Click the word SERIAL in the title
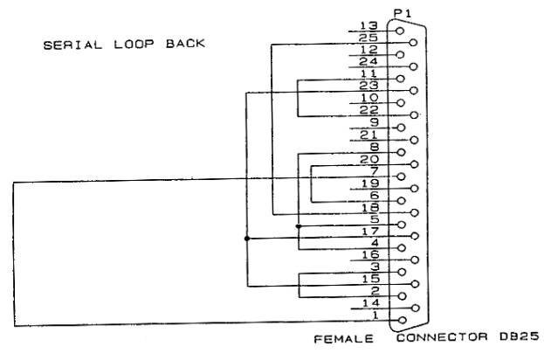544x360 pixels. pos(72,45)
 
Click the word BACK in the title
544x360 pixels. pos(185,44)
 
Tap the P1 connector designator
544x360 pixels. pos(403,13)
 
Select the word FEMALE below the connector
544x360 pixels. pos(343,338)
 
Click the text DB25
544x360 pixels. pos(520,336)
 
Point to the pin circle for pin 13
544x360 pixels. pos(400,31)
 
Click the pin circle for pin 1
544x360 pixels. pos(403,320)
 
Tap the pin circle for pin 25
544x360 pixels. pos(413,43)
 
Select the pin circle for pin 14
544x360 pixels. pos(415,308)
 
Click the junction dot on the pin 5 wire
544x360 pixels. pos(299,226)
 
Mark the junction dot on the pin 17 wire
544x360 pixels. pos(247,239)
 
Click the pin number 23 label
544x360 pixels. pos(368,85)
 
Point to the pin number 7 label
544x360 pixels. pos(375,170)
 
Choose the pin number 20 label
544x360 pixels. pos(369,159)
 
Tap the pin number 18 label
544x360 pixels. pos(370,208)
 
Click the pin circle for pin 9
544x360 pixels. pos(401,128)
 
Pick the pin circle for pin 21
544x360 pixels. pos(414,140)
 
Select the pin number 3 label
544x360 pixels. pos(375,267)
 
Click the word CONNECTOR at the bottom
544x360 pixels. pos(442,337)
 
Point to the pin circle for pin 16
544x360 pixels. pos(414,260)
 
